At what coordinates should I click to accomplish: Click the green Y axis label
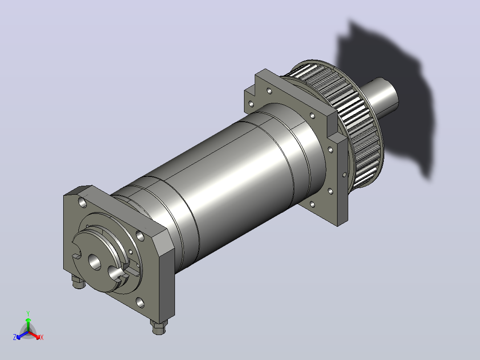click(28, 313)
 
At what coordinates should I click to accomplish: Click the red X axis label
click(42, 337)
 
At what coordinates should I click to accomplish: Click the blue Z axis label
click(14, 337)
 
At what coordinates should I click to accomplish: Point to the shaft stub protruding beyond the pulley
click(382, 97)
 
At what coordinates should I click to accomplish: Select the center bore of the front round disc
click(94, 262)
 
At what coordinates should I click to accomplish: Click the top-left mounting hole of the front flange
click(83, 202)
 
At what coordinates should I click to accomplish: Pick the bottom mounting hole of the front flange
click(140, 303)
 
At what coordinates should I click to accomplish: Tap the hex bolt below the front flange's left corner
click(79, 282)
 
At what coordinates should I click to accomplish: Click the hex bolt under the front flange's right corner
click(159, 327)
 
